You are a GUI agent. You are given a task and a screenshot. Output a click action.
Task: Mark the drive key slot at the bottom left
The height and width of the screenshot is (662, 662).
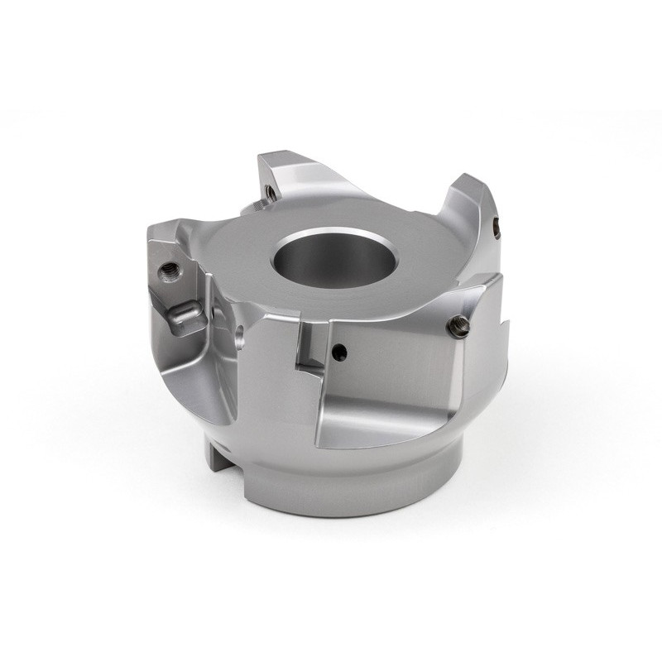pyautogui.click(x=217, y=451)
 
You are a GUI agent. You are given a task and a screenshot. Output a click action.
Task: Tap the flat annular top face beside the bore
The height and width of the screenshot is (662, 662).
pyautogui.click(x=248, y=273)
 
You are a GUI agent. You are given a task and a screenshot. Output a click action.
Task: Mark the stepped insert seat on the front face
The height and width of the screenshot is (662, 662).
pyautogui.click(x=308, y=348)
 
